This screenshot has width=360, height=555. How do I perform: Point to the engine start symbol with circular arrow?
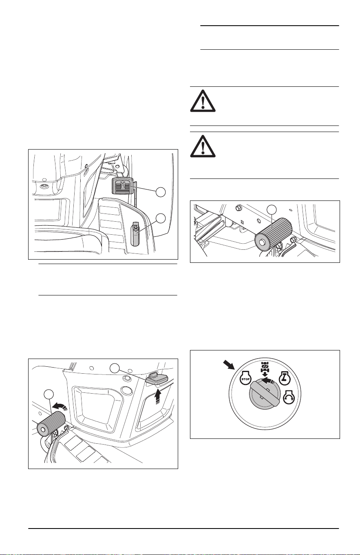point(289,399)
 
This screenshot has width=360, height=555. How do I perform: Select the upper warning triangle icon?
point(203,101)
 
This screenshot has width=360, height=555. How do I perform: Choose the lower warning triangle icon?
point(203,146)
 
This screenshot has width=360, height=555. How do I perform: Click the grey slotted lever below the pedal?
point(136,233)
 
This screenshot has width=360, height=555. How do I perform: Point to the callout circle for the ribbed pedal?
point(161,192)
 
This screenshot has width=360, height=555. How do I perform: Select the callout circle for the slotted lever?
point(161,218)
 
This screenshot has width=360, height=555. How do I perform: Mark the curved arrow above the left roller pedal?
point(60,405)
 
